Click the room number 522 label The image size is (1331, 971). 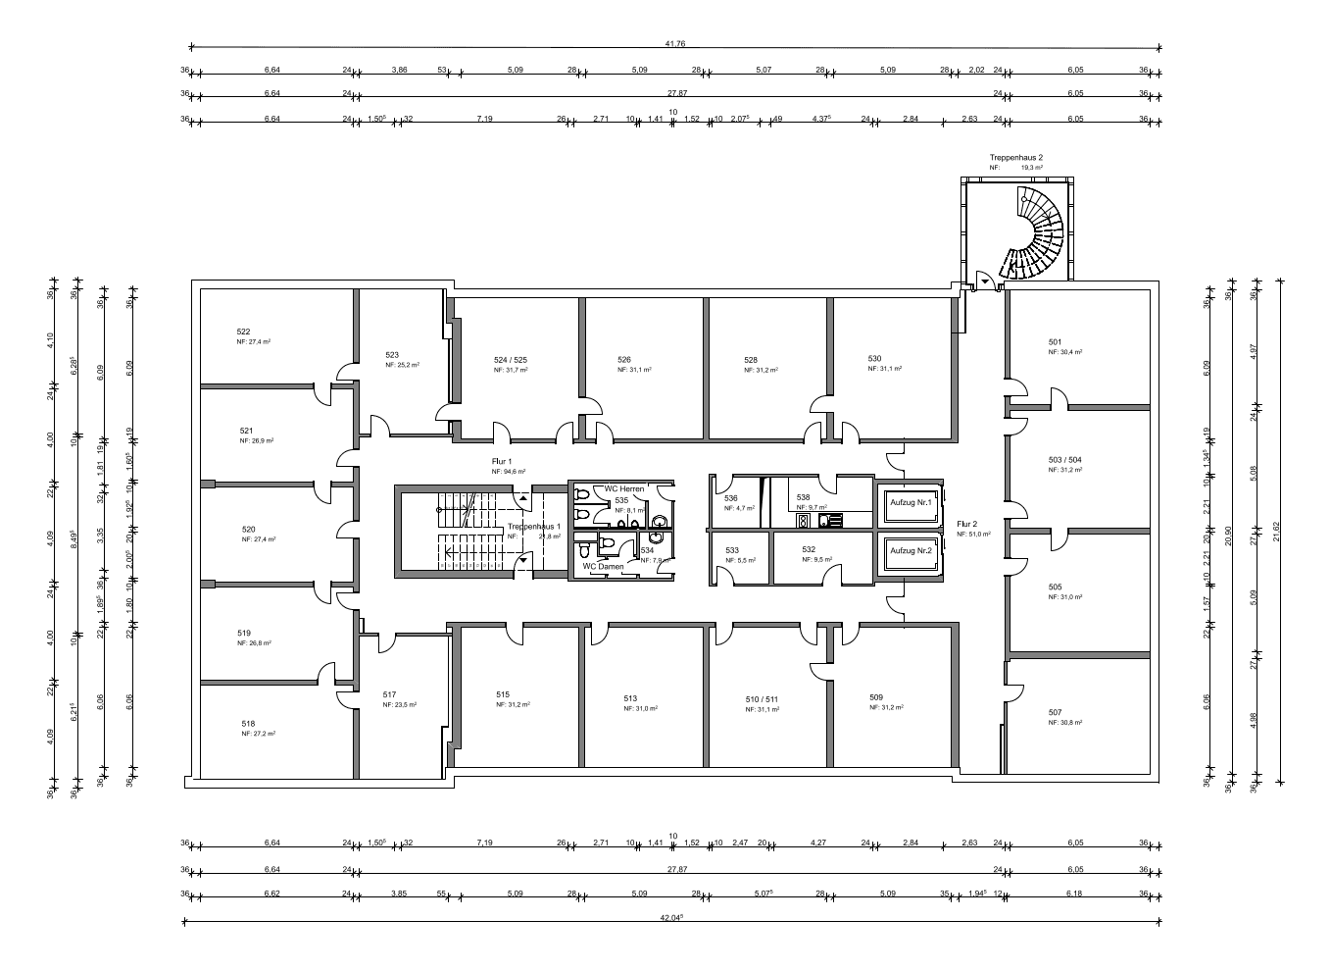243,332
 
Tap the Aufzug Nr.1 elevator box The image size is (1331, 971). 910,502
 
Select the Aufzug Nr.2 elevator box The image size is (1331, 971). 910,551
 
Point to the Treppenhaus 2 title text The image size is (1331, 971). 1015,157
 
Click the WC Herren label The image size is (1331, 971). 623,488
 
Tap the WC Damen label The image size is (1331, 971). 603,566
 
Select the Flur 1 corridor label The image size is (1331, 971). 502,460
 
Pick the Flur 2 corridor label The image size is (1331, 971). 966,524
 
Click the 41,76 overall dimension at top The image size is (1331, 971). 673,43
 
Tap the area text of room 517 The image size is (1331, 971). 400,705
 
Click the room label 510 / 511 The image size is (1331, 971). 761,699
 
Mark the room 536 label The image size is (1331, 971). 730,498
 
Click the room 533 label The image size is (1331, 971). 732,550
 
